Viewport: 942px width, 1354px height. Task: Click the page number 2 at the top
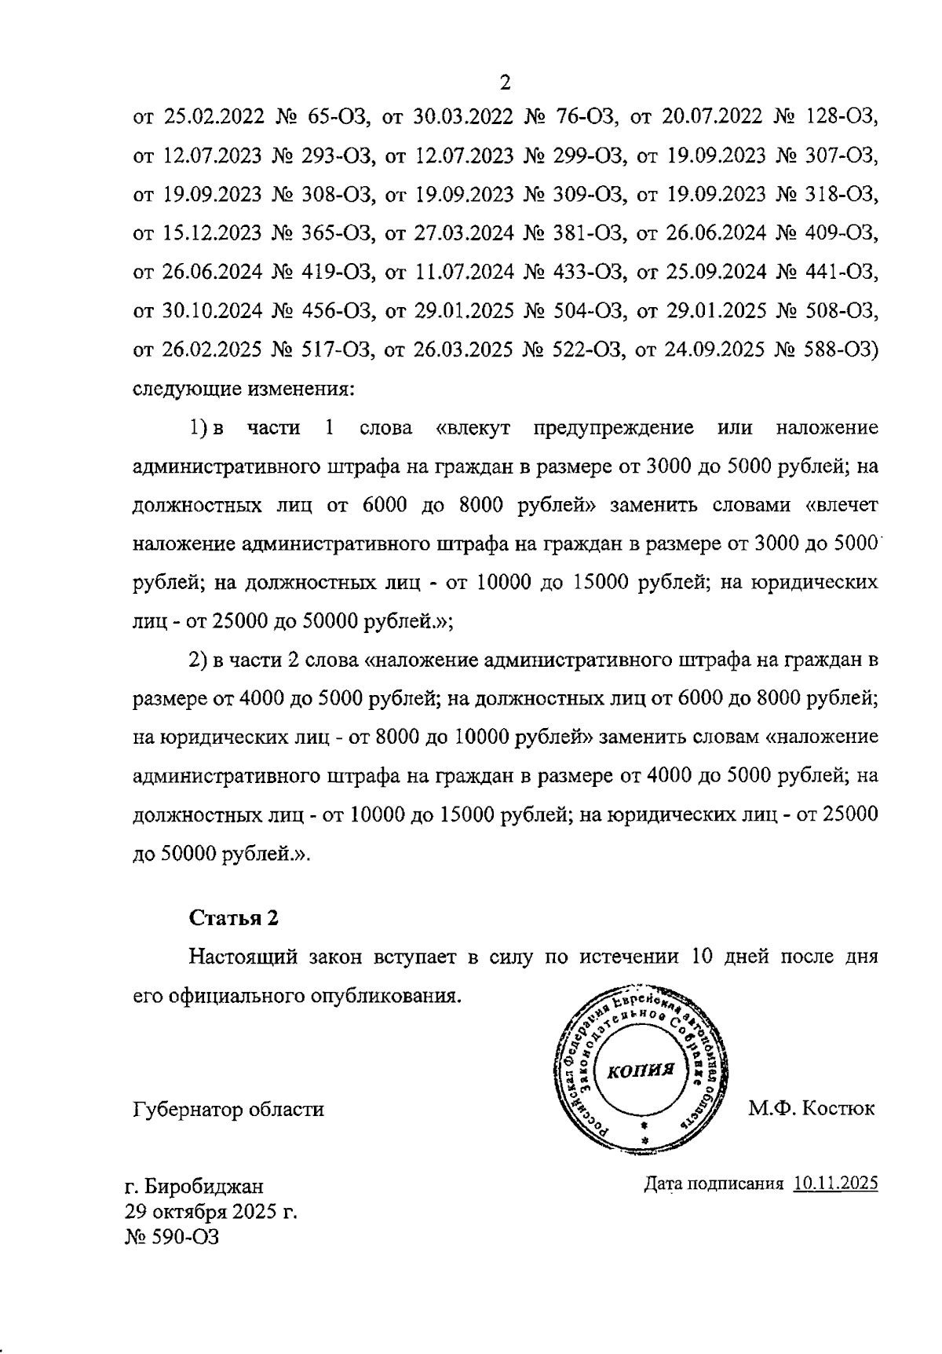(505, 82)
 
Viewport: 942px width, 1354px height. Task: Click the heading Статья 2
(233, 917)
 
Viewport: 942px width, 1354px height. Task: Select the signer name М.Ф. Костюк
(811, 1108)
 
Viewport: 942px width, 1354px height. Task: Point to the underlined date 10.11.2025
(835, 1184)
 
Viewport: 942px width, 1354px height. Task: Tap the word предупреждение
(613, 428)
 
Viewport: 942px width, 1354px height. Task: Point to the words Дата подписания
(714, 1184)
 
